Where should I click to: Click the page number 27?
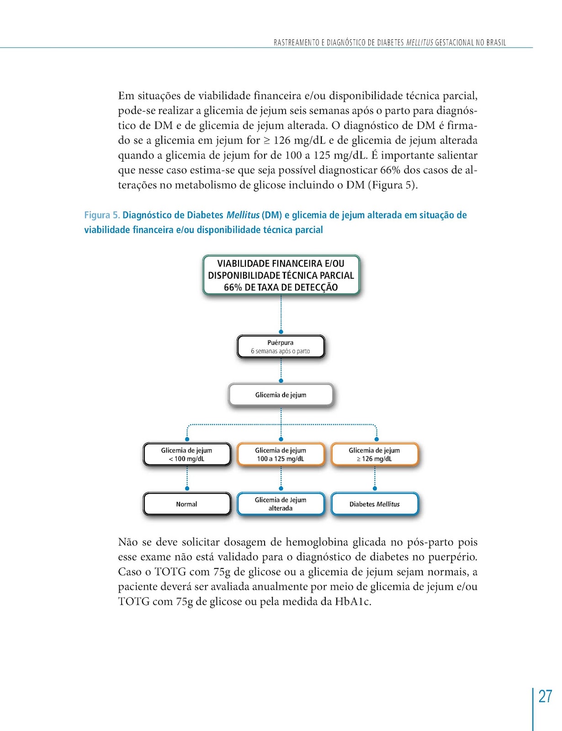click(545, 696)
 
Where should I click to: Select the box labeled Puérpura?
click(281, 347)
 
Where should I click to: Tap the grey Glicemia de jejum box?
click(281, 395)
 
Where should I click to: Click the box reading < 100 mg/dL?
click(187, 455)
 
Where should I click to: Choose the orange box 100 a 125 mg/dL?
click(281, 455)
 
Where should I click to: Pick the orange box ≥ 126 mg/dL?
click(374, 455)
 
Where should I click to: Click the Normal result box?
click(187, 504)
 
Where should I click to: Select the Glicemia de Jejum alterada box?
click(281, 504)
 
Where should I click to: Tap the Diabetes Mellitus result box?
click(374, 504)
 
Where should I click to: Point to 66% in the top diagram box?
click(233, 287)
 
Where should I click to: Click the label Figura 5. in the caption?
click(102, 215)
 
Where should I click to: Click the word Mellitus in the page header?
click(419, 42)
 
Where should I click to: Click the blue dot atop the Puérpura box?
click(281, 332)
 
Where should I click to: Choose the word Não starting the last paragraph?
click(128, 542)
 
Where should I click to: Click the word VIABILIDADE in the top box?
click(243, 264)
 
